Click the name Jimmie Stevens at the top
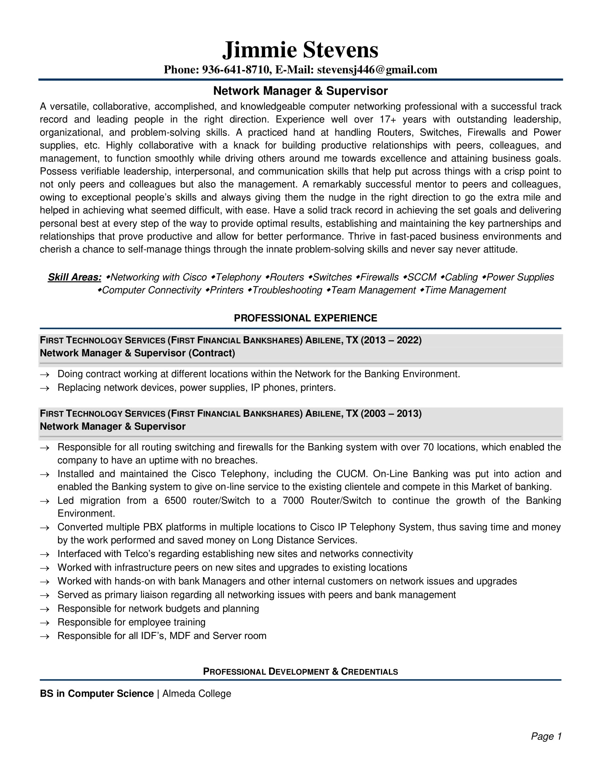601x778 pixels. (x=300, y=50)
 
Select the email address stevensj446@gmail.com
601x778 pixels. (x=377, y=70)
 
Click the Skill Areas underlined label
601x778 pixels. (x=74, y=277)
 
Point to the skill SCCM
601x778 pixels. (x=421, y=277)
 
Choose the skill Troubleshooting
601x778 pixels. (x=287, y=290)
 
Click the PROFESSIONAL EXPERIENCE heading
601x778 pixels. (x=305, y=318)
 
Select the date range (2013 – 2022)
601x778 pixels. (x=391, y=340)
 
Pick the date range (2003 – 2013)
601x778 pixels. (x=391, y=414)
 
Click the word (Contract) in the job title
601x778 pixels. (x=212, y=353)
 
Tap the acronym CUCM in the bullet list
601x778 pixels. (x=351, y=474)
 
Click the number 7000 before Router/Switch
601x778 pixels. (x=293, y=500)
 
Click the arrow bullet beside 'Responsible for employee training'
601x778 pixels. (x=45, y=623)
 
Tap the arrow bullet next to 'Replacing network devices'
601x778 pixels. (x=45, y=388)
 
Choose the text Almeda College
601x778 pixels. (x=197, y=694)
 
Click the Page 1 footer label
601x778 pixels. (x=546, y=736)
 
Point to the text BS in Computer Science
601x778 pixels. (x=97, y=694)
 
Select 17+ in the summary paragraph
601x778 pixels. (x=388, y=119)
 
